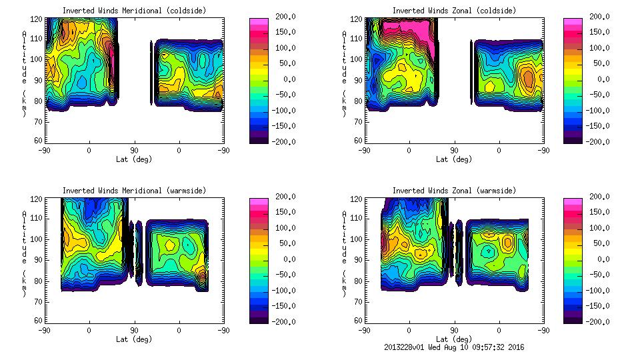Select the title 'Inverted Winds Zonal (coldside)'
(454, 11)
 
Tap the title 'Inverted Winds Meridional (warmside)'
(134, 191)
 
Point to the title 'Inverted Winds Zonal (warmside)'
(454, 191)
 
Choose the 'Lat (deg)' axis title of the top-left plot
(134, 159)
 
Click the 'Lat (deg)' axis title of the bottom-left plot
(134, 339)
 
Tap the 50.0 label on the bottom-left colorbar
(284, 243)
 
